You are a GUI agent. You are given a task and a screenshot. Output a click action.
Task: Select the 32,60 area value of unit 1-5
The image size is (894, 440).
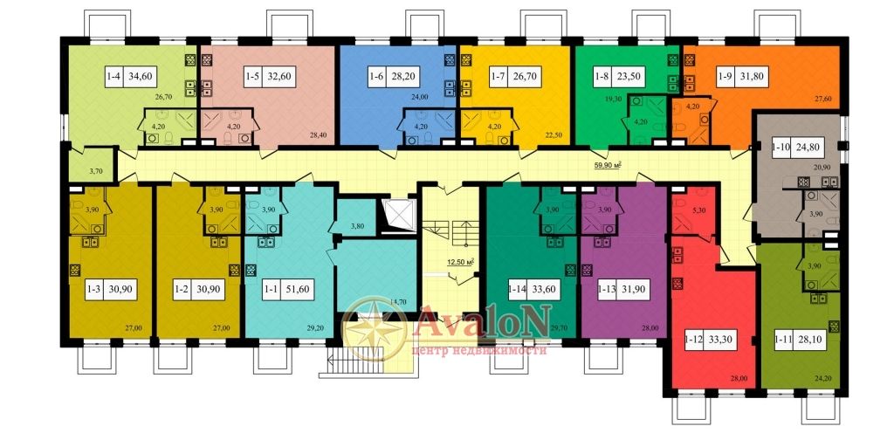(x=279, y=76)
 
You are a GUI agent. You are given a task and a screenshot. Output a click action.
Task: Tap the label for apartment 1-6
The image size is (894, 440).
(x=375, y=76)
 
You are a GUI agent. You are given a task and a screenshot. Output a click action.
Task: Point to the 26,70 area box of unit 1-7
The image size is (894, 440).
(x=524, y=76)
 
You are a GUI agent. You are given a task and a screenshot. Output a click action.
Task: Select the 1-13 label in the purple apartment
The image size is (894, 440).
(x=608, y=289)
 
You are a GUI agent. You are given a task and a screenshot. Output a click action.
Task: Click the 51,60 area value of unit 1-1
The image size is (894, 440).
(x=299, y=289)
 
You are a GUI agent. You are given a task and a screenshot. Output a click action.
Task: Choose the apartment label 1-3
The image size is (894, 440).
(x=94, y=289)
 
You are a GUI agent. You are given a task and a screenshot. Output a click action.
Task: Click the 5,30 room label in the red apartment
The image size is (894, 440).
(x=699, y=210)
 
